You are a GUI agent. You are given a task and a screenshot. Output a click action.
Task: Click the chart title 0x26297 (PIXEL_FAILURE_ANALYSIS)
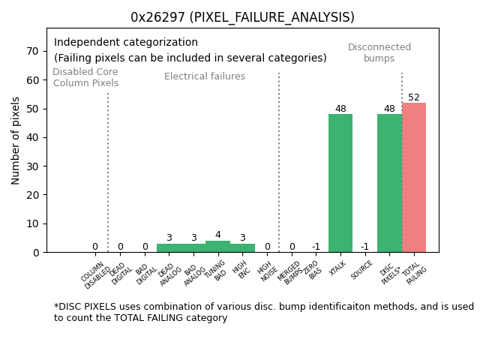tap(242, 17)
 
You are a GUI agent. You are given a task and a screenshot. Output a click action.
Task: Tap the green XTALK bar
tap(340, 183)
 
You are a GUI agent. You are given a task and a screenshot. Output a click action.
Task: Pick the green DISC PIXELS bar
tap(389, 183)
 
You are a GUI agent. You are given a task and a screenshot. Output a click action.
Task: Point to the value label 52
tap(414, 97)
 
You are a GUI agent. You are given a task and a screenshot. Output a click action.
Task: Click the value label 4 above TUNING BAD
tap(217, 235)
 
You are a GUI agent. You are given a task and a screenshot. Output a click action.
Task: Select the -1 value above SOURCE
tap(364, 247)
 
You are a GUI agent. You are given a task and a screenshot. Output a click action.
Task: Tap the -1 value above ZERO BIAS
tap(316, 247)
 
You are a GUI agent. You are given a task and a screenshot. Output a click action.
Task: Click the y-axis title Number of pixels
tap(16, 140)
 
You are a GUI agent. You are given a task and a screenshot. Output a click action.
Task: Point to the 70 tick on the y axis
tap(33, 51)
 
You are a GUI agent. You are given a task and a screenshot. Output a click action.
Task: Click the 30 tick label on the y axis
tap(33, 166)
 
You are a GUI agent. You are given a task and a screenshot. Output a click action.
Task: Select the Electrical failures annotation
tap(205, 76)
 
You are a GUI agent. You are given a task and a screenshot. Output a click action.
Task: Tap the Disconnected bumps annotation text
tap(379, 52)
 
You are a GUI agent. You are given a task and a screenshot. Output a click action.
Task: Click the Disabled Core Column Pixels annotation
tap(85, 77)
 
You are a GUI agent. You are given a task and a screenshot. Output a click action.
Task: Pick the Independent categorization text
tap(126, 43)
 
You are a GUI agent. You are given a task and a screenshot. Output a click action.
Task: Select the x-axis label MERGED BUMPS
tap(291, 272)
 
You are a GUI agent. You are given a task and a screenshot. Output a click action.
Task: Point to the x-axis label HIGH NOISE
tap(265, 272)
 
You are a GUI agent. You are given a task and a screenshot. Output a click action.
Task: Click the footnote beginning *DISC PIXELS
tap(263, 312)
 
